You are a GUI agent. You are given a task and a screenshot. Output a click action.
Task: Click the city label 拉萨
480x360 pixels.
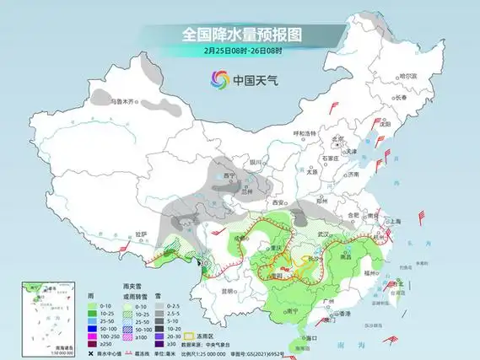point(140,234)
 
